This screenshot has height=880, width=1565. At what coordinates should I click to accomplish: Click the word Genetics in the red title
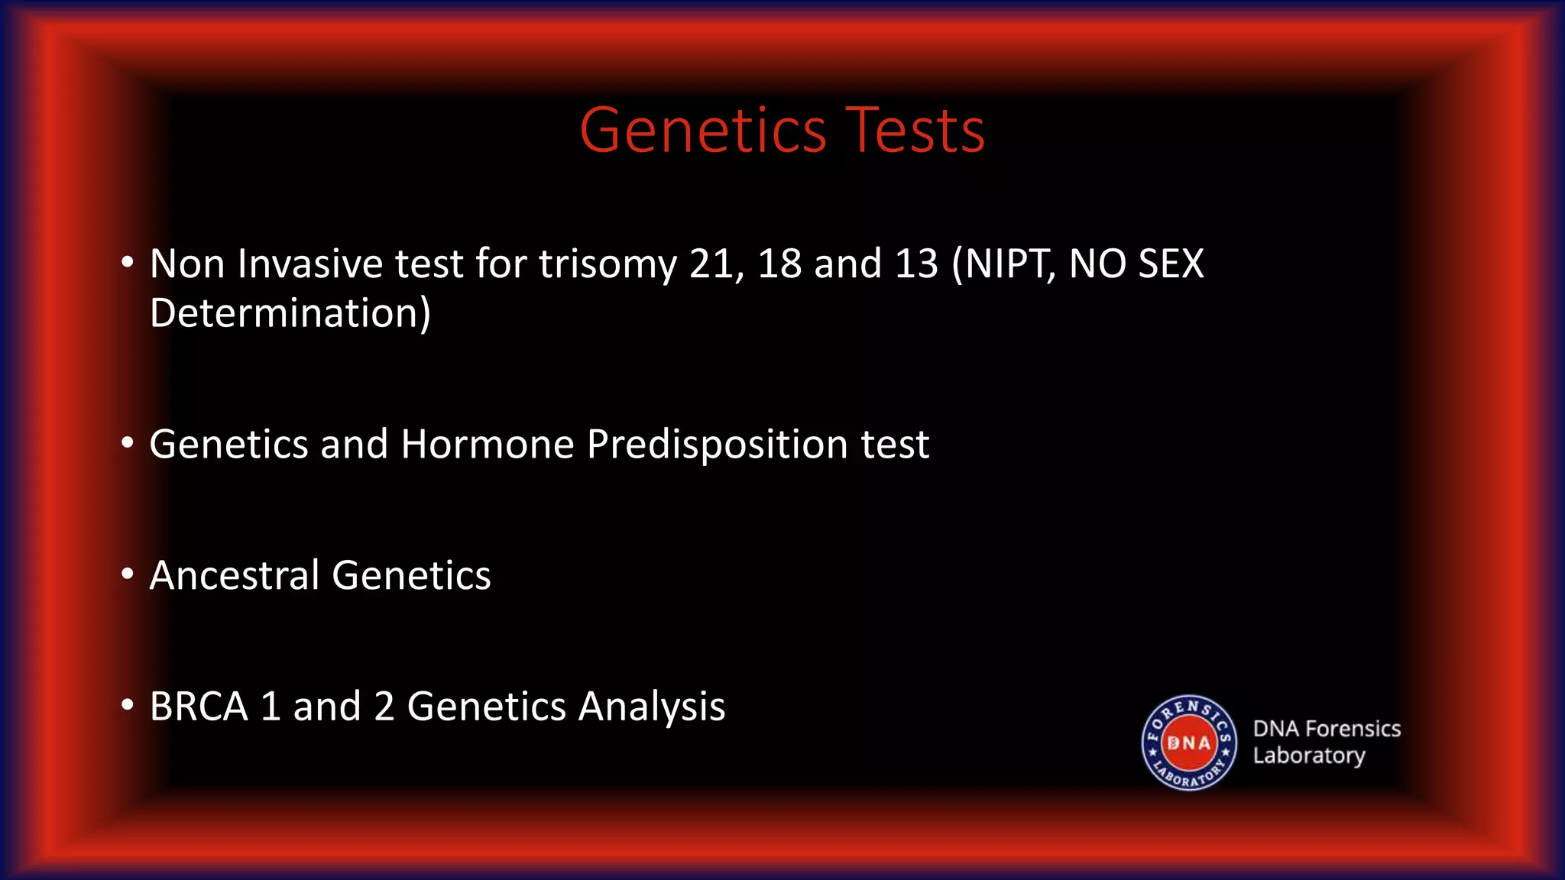click(x=703, y=131)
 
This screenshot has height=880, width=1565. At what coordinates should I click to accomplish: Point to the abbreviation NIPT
click(x=1004, y=264)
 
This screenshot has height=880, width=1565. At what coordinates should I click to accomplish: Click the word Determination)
click(x=290, y=313)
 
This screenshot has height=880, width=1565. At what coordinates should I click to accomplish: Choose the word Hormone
click(x=487, y=445)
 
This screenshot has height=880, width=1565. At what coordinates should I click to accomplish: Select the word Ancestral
click(x=234, y=575)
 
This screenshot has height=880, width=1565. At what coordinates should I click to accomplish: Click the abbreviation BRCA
click(x=199, y=707)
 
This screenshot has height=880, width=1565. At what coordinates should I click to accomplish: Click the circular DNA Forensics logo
click(x=1188, y=742)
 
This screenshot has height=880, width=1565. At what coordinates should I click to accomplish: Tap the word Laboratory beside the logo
click(x=1308, y=755)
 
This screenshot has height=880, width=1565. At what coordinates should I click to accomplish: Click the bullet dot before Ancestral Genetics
click(x=128, y=574)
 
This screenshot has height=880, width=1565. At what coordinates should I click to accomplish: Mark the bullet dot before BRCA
click(x=128, y=705)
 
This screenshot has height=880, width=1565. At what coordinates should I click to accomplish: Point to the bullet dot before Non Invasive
click(x=128, y=263)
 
